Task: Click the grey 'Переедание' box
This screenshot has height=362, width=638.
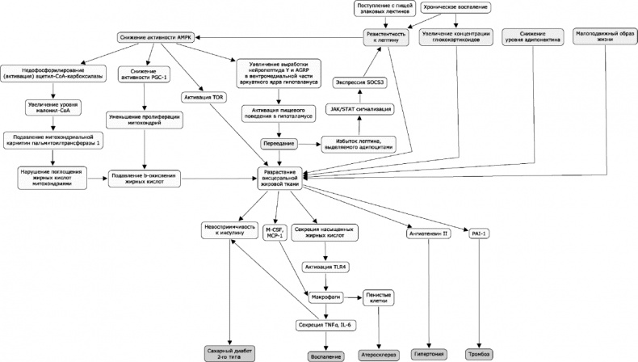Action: tap(279, 143)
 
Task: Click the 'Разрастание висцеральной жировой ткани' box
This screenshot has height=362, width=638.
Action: tap(279, 176)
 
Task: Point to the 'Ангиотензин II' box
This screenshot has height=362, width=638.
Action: tap(428, 234)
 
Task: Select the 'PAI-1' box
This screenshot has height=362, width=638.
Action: tap(480, 234)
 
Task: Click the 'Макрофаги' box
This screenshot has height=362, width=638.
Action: tap(325, 297)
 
